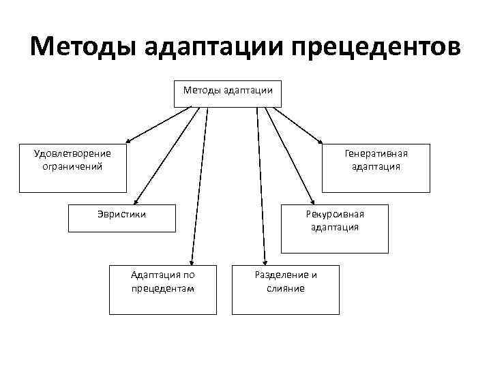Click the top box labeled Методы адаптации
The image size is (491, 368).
pos(228,94)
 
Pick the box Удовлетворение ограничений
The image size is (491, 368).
pos(73,168)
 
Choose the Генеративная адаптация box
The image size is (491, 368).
pos(376,168)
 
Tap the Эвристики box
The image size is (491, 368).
pos(121,228)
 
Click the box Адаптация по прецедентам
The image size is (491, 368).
pos(162,289)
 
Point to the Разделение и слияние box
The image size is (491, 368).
pos(285,289)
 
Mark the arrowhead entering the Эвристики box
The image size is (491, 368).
pos(135,201)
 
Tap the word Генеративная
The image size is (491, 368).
pos(376,153)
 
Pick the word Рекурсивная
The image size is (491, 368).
pos(335,213)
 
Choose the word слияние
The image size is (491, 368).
pos(285,288)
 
